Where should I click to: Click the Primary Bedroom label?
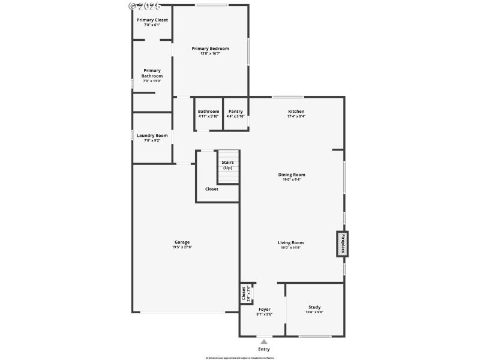click(210, 49)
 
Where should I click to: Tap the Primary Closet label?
click(152, 20)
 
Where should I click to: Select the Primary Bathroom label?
click(152, 73)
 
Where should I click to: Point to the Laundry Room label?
click(152, 136)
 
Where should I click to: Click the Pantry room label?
click(235, 111)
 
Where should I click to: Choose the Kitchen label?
click(296, 111)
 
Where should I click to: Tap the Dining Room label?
click(291, 175)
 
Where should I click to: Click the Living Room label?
click(290, 242)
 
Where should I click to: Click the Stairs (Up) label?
click(227, 165)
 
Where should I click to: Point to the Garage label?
click(182, 242)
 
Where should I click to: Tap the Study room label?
click(314, 307)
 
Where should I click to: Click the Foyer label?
click(264, 309)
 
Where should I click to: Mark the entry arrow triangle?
click(264, 342)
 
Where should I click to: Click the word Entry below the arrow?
click(264, 349)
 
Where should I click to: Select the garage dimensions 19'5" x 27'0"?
click(182, 247)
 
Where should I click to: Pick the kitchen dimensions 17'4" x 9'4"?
click(296, 116)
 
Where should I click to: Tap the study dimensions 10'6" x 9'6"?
click(314, 313)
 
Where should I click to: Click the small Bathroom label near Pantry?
click(208, 111)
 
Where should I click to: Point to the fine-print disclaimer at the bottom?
click(239, 358)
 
